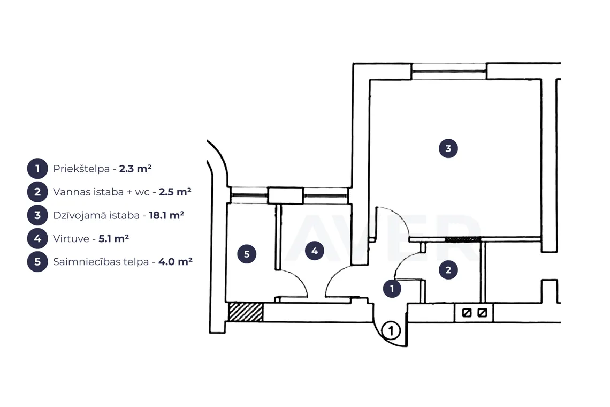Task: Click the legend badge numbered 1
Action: tap(37, 169)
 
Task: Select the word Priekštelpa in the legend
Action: tap(81, 169)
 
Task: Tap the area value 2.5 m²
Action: tap(175, 192)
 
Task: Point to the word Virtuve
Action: tap(71, 238)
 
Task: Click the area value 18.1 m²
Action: tap(166, 215)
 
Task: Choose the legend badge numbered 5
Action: tap(37, 262)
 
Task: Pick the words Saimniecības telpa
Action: tap(101, 262)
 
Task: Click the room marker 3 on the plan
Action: tap(448, 148)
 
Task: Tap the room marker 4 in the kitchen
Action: tap(314, 251)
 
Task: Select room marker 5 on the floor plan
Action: tap(247, 254)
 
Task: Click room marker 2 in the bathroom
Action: tap(448, 270)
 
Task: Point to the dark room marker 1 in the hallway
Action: tap(392, 289)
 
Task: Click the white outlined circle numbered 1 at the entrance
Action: tap(391, 330)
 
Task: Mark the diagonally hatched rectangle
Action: tap(246, 312)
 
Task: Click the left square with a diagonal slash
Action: tap(467, 312)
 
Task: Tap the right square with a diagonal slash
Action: tap(482, 312)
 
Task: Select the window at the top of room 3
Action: tap(449, 72)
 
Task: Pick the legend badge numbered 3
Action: tap(37, 215)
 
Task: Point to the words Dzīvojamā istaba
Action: tap(96, 215)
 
